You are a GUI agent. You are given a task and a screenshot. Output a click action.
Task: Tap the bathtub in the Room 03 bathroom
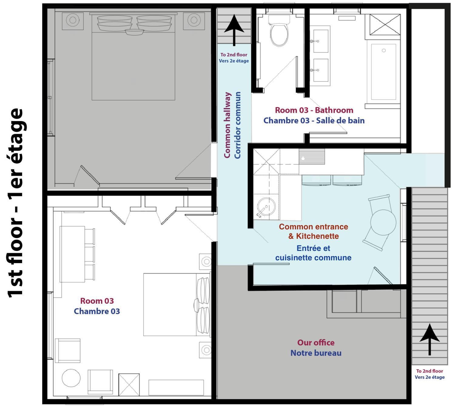[x=383, y=72]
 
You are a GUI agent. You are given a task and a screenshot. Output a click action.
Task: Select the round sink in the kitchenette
[x=266, y=207]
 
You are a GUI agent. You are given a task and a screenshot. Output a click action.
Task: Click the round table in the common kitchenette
[x=383, y=222]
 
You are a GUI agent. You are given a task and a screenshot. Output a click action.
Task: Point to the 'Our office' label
[x=316, y=343]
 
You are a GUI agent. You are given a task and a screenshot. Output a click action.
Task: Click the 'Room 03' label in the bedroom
[x=97, y=301]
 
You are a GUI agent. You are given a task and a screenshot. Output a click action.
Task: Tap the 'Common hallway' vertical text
[x=227, y=125]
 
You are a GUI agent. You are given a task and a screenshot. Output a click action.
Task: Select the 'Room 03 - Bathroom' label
[x=314, y=110]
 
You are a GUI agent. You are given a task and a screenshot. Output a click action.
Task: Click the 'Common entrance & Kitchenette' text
[x=313, y=231]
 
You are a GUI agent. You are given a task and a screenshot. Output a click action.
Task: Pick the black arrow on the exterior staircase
[x=430, y=339]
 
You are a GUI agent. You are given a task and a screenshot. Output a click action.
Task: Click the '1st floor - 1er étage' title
[x=15, y=203]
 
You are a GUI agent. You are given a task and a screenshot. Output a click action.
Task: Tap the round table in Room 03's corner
[x=71, y=378]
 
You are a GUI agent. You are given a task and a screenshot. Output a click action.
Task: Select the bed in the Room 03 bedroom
[x=177, y=304]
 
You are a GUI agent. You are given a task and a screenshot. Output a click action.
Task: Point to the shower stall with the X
[x=385, y=25]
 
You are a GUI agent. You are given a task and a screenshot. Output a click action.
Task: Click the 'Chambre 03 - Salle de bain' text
[x=314, y=120]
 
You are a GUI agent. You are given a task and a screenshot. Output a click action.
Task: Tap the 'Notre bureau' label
[x=316, y=353]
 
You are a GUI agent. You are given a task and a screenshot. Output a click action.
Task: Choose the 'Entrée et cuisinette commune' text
[x=313, y=253]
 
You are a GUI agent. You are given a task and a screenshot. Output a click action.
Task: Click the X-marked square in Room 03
[x=129, y=384]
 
